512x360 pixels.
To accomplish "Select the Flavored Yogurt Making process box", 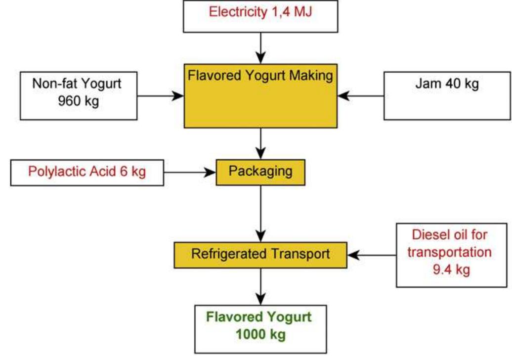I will tap(260, 95).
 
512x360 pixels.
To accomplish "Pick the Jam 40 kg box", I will tap(447, 95).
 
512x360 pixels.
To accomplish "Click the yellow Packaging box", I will tap(260, 172).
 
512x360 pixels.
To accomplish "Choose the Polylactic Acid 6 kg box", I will tap(87, 172).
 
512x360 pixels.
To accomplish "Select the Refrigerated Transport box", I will tap(260, 254).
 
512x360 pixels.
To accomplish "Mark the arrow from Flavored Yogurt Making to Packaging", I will tap(260, 143).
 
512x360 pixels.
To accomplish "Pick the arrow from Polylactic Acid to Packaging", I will tap(190, 172).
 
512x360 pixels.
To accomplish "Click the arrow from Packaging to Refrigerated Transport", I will tap(260, 213).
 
